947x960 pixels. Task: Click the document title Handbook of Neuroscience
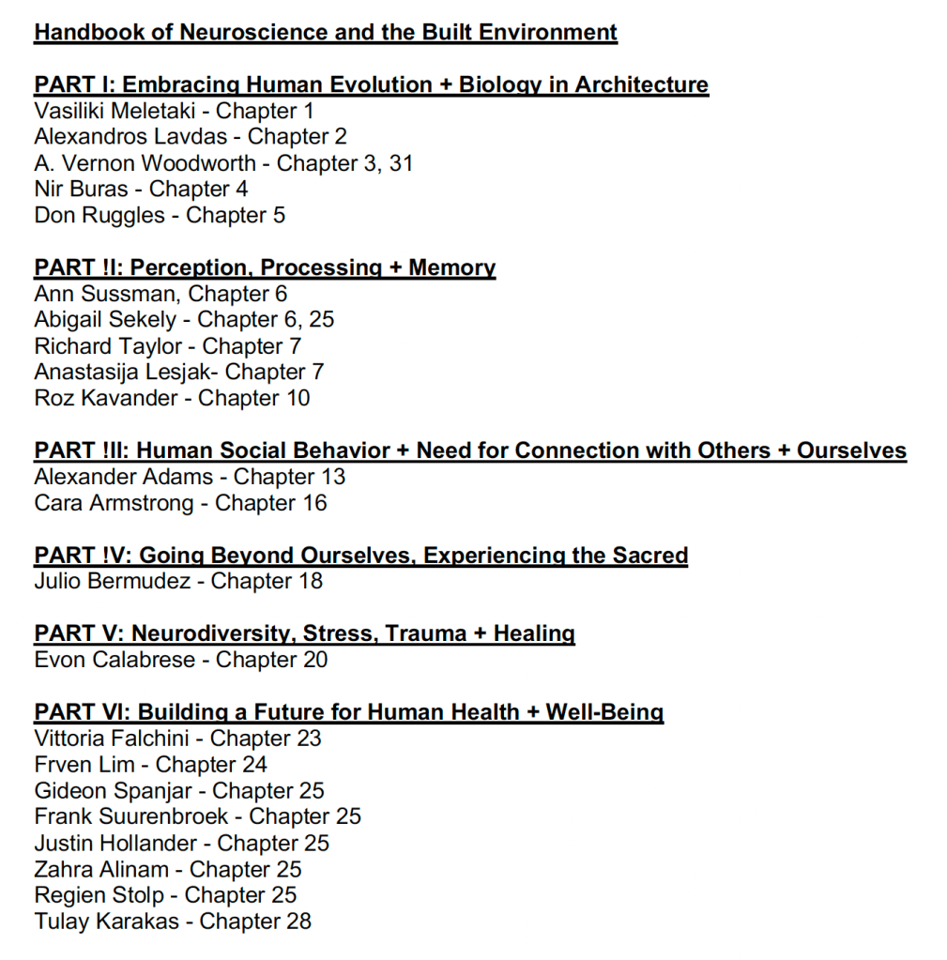pyautogui.click(x=325, y=33)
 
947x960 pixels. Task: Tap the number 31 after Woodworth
pyautogui.click(x=401, y=163)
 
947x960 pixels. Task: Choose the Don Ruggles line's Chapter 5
pyautogui.click(x=236, y=216)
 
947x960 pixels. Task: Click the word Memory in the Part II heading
pyautogui.click(x=451, y=268)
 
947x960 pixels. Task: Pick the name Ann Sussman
pyautogui.click(x=106, y=294)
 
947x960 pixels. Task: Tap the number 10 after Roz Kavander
pyautogui.click(x=298, y=399)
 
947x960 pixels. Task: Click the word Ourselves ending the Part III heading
pyautogui.click(x=851, y=450)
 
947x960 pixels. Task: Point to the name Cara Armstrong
pyautogui.click(x=113, y=503)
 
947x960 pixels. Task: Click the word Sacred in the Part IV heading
pyautogui.click(x=650, y=556)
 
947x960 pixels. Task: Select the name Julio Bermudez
pyautogui.click(x=113, y=582)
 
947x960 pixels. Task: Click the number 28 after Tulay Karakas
pyautogui.click(x=298, y=922)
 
